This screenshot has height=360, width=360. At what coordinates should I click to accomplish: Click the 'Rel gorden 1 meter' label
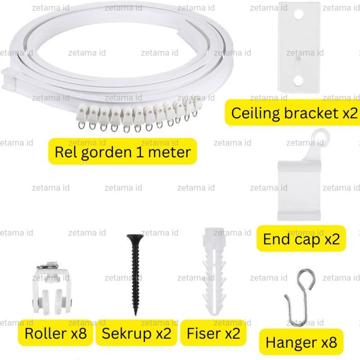pyautogui.click(x=123, y=152)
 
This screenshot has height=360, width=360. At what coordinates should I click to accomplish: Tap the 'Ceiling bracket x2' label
pyautogui.click(x=291, y=113)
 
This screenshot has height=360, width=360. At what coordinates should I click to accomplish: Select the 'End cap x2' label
pyautogui.click(x=301, y=239)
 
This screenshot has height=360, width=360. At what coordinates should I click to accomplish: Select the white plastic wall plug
pyautogui.click(x=213, y=273)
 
